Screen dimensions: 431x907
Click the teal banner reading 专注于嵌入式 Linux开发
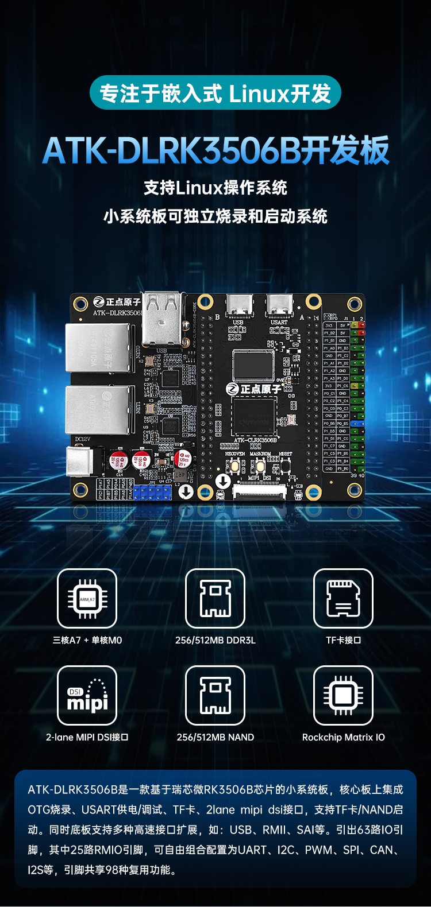215,93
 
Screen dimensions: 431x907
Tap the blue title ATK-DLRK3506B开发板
215,150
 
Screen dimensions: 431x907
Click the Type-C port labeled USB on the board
237,306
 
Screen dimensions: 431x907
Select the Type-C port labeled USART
279,306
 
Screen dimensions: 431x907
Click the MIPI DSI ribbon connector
259,491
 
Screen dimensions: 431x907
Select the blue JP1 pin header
152,492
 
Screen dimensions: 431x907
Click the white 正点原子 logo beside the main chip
253,389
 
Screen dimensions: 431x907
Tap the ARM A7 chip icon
87,598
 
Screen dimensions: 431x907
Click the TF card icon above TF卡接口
343,598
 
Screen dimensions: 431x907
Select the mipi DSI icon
87,695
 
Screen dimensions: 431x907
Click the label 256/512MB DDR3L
215,640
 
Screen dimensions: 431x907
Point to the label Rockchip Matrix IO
343,737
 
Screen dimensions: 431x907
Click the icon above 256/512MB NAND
215,695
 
